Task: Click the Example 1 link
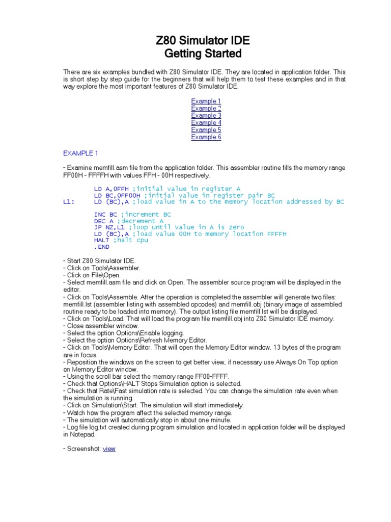(x=206, y=101)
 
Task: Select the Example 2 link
(x=206, y=108)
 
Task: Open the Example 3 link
(x=206, y=115)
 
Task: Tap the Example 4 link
(x=206, y=122)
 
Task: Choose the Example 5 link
(x=206, y=129)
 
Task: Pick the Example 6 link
(x=206, y=137)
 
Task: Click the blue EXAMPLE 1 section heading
(x=80, y=153)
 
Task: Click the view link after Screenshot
(x=109, y=449)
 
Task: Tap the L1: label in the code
(x=69, y=202)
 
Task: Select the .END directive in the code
(x=102, y=247)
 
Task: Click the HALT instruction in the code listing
(x=102, y=240)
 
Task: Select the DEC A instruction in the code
(x=104, y=221)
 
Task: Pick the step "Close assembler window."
(x=101, y=325)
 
